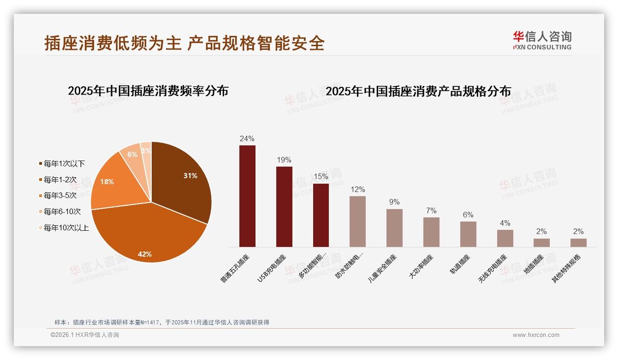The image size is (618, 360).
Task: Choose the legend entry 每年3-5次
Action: pyautogui.click(x=60, y=195)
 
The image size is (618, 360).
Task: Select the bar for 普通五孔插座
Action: pyautogui.click(x=247, y=196)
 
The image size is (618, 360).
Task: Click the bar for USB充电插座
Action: pyautogui.click(x=284, y=207)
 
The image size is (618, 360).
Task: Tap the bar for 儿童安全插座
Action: pyautogui.click(x=394, y=228)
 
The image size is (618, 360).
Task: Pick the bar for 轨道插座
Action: pyautogui.click(x=468, y=234)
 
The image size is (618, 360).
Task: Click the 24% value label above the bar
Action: pyautogui.click(x=247, y=138)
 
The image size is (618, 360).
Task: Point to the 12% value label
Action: pyautogui.click(x=357, y=189)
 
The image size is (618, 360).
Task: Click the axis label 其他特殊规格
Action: pyautogui.click(x=567, y=268)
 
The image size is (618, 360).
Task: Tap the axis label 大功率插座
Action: pyautogui.click(x=421, y=266)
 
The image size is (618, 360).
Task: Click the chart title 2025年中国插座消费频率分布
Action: pyautogui.click(x=148, y=91)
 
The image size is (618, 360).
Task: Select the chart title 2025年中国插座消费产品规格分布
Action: pyautogui.click(x=418, y=91)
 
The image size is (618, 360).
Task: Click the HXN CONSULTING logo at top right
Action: pyautogui.click(x=542, y=40)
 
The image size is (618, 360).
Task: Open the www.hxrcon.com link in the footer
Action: pyautogui.click(x=536, y=335)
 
